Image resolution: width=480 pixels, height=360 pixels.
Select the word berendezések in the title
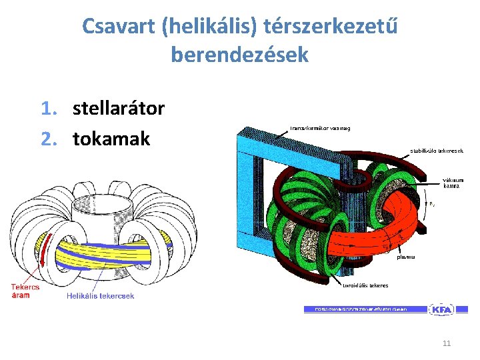click(x=240, y=55)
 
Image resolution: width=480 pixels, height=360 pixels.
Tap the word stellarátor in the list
click(x=119, y=108)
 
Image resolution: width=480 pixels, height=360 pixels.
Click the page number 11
click(x=447, y=343)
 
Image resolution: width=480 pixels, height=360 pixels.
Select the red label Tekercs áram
click(x=25, y=291)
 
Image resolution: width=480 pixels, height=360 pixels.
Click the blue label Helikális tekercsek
click(x=101, y=296)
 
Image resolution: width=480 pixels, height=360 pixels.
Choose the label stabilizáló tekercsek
click(x=437, y=151)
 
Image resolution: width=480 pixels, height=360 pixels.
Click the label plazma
click(x=407, y=256)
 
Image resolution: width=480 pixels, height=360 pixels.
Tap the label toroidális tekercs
click(x=366, y=285)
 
